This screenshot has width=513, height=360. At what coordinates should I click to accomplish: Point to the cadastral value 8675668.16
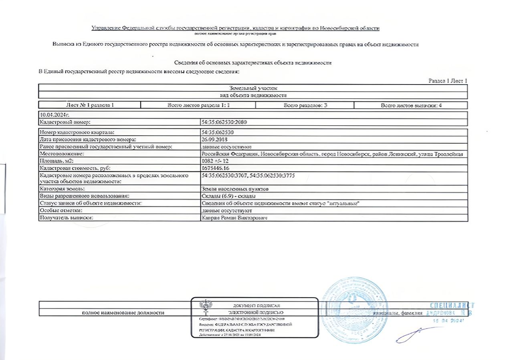[x=216, y=168]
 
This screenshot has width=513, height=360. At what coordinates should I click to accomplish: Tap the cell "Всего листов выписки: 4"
[x=411, y=105]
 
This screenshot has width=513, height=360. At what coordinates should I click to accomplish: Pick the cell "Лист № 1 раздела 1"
[x=90, y=105]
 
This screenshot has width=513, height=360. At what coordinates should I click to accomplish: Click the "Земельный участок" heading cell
[x=253, y=88]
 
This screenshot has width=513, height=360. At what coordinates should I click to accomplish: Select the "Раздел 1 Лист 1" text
[x=448, y=81]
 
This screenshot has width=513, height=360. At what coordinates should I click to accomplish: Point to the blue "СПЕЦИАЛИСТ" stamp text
[x=452, y=306]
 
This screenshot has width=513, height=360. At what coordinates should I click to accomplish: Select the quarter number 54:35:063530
[x=218, y=132]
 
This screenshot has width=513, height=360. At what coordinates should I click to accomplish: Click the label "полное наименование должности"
[x=123, y=312]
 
